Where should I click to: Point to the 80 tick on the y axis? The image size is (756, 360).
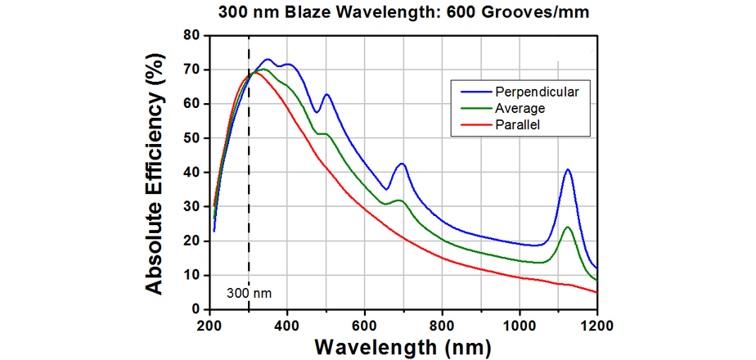tap(191, 35)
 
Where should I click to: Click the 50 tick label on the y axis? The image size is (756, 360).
tap(191, 138)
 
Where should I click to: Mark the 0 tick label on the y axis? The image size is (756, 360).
tap(196, 309)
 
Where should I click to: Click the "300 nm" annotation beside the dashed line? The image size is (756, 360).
tap(247, 292)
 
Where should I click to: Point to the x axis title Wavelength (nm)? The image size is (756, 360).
tap(401, 347)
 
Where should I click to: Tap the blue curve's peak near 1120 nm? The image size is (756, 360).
tap(567, 169)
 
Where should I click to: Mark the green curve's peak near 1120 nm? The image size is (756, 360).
tap(567, 227)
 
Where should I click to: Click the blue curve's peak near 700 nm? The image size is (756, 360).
tap(402, 164)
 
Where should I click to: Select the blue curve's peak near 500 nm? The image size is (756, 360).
tap(326, 94)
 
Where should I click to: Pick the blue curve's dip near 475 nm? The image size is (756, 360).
tap(316, 112)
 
